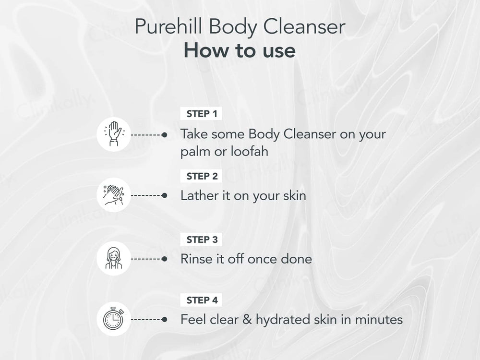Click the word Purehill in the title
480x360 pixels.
click(x=168, y=26)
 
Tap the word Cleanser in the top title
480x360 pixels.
click(x=304, y=26)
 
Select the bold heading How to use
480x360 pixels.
click(x=240, y=50)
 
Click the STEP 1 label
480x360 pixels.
click(x=202, y=114)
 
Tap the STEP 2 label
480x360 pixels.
click(x=202, y=176)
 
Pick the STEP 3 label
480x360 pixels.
click(x=202, y=240)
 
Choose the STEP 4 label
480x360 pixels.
click(x=202, y=300)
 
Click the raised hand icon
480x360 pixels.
click(x=114, y=134)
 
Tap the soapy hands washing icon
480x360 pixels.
click(x=114, y=195)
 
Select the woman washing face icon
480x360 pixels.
click(x=114, y=259)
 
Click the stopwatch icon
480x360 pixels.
click(x=114, y=319)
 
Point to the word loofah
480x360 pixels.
click(x=250, y=151)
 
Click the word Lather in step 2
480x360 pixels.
click(x=199, y=196)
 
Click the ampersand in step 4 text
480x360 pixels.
click(x=247, y=320)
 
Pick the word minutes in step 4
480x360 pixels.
click(x=379, y=320)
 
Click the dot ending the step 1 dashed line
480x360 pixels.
click(x=165, y=134)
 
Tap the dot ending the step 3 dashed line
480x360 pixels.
click(x=165, y=259)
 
